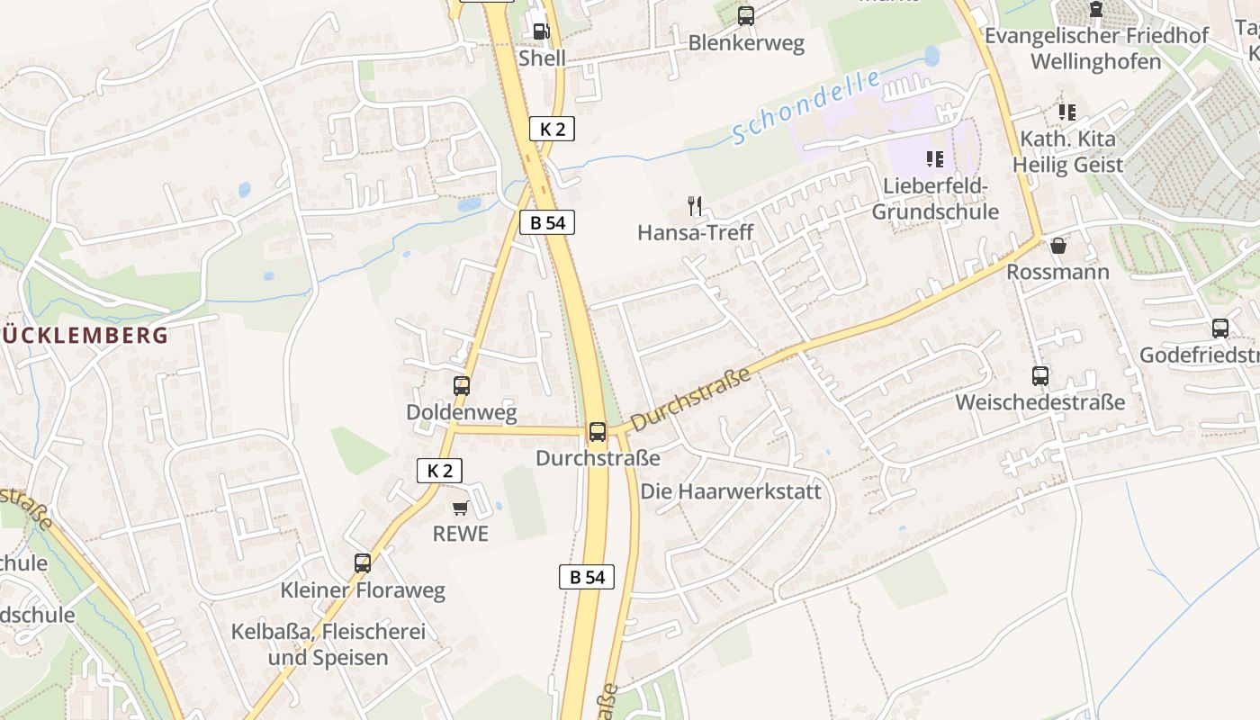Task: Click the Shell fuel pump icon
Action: [x=540, y=31]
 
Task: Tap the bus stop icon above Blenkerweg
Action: [x=745, y=15]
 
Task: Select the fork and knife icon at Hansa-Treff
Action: [x=695, y=206]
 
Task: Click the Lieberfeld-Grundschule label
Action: [x=935, y=199]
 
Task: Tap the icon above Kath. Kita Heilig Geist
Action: [x=1067, y=112]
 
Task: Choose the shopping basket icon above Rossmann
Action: [x=1058, y=245]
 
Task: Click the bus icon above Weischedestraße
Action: [x=1039, y=375]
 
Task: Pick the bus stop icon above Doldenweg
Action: [x=462, y=386]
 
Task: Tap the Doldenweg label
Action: [x=462, y=412]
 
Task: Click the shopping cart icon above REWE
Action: [x=461, y=508]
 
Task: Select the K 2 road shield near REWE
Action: [x=439, y=470]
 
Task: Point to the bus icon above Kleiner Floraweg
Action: [x=363, y=563]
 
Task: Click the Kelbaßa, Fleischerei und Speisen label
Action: [x=328, y=644]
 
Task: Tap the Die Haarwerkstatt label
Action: [x=731, y=491]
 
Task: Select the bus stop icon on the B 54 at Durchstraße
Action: [x=598, y=431]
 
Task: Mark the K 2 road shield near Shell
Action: [x=552, y=129]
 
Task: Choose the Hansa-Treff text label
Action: [x=695, y=232]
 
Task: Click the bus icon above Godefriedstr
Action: [x=1219, y=328]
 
